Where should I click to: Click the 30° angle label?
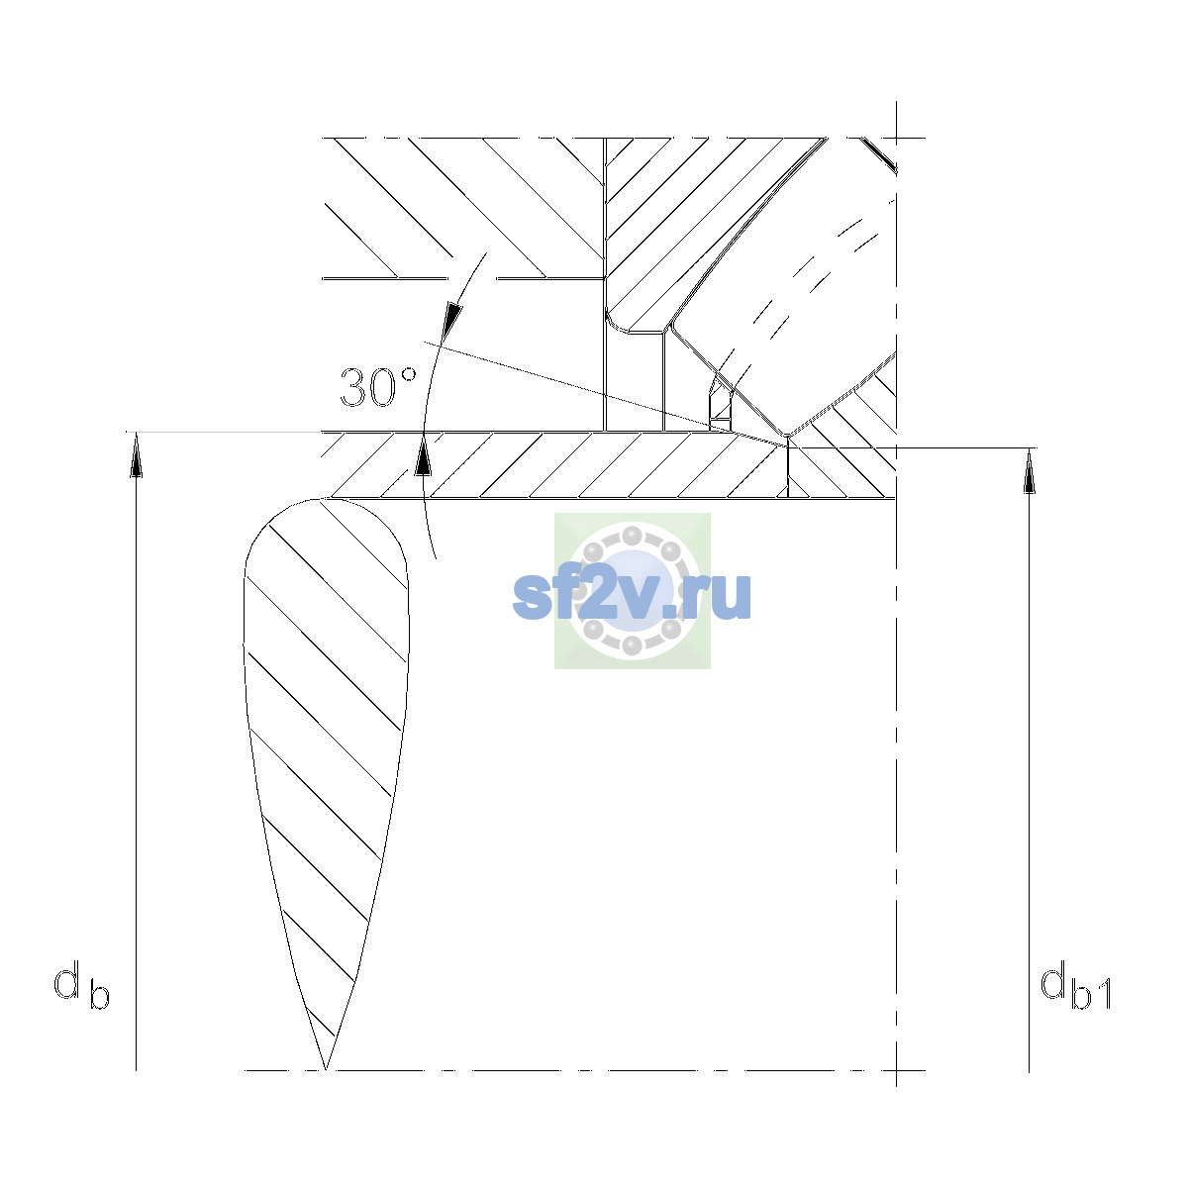378,387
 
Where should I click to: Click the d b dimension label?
81,984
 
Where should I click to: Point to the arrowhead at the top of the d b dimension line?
136,454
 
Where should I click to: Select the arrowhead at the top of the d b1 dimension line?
1029,471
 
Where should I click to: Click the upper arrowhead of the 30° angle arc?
451,321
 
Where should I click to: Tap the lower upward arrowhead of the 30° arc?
423,455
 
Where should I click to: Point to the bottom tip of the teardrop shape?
326,1069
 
